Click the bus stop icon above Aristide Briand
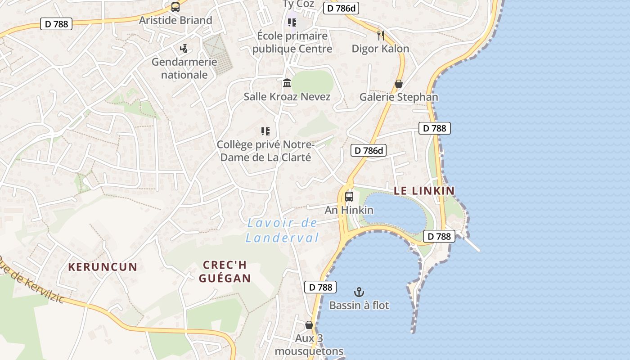tap(175, 7)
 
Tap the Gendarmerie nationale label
tap(184, 68)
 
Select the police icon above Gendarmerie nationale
tap(184, 48)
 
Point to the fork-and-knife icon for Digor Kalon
tap(381, 36)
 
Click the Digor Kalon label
tap(380, 49)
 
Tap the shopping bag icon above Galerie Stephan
tap(398, 84)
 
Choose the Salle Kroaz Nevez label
tap(287, 97)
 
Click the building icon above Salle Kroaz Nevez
tap(287, 83)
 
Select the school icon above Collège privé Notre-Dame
tap(265, 131)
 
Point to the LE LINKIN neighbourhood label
tap(424, 191)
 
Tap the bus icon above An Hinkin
tap(349, 197)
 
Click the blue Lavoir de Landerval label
tap(282, 230)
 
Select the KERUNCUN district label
tap(103, 267)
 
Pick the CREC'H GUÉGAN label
tap(225, 271)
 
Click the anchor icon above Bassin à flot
tap(359, 292)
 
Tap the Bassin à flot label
tap(359, 305)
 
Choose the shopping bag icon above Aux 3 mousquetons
tap(309, 325)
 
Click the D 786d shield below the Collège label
tap(369, 151)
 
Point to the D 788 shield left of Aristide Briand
tap(57, 24)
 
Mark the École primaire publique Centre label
tap(292, 42)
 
